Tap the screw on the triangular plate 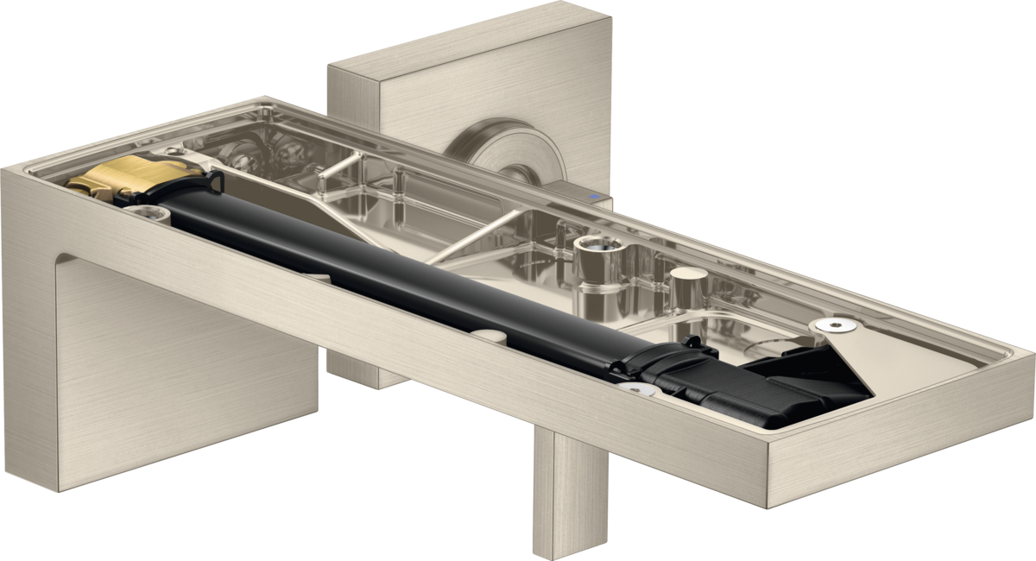click(835, 325)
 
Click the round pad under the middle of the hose click(488, 334)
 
